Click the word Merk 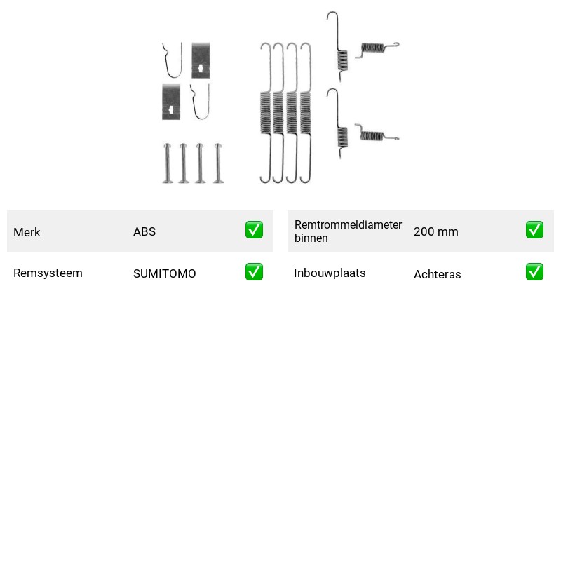(27, 232)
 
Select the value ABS (144, 231)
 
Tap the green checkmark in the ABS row (254, 230)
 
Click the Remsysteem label (48, 273)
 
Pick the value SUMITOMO (165, 273)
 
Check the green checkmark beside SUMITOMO (254, 272)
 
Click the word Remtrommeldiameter (348, 224)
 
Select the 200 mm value (436, 231)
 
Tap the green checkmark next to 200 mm (534, 230)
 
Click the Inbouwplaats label (330, 273)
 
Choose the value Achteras (438, 274)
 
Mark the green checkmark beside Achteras (534, 272)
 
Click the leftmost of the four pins (168, 163)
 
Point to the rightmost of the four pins (218, 163)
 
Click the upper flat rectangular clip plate (201, 60)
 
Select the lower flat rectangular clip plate (171, 102)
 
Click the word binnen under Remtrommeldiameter (311, 238)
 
